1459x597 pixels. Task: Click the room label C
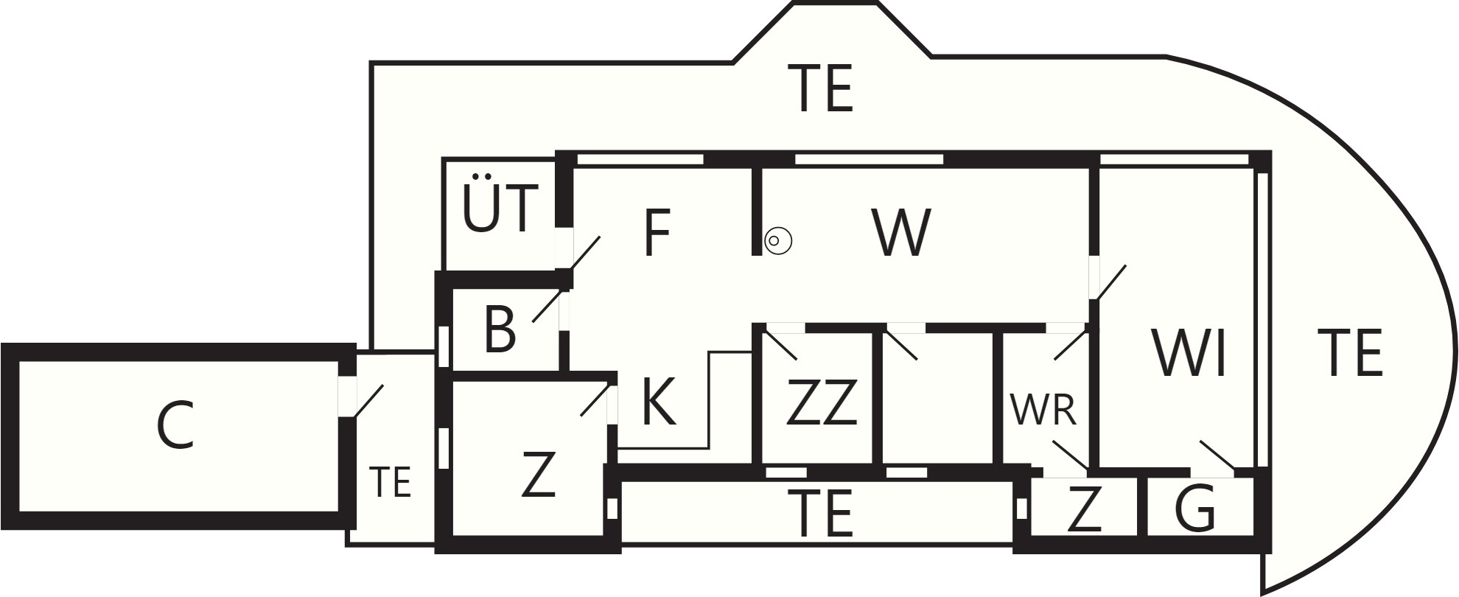175,427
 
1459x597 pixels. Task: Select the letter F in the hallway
656,234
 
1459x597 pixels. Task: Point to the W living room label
901,234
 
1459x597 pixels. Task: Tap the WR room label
1044,411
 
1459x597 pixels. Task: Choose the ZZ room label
822,402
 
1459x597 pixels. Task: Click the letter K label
659,402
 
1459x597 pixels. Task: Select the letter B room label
500,329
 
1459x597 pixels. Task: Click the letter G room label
1194,509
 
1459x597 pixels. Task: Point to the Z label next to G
1084,509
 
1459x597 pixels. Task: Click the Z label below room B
537,475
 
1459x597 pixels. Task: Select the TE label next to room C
389,483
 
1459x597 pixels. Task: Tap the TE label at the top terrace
821,88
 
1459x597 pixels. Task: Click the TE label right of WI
1349,354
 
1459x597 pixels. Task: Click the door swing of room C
369,400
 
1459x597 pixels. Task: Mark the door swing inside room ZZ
781,346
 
